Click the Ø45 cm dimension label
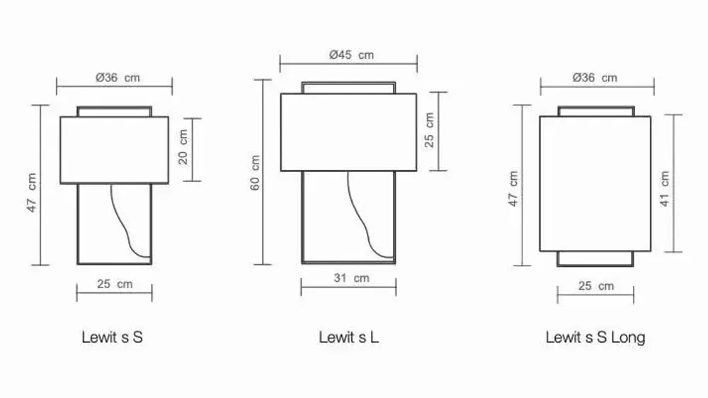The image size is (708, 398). coord(351,55)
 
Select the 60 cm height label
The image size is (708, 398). coord(256,172)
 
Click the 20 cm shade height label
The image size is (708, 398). coord(183,147)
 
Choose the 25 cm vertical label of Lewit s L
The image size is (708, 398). coord(429,130)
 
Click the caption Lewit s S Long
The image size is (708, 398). coord(595,337)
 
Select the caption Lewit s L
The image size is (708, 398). coord(348,337)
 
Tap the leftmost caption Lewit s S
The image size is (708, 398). coord(112,337)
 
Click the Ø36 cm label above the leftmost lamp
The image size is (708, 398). coord(118,78)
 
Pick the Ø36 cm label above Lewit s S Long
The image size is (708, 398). coord(594,78)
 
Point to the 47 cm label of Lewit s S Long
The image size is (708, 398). coord(513,188)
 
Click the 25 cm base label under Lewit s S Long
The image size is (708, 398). coord(595,286)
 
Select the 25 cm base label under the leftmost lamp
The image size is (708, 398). coord(115,285)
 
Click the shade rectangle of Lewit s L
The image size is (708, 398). coord(348,132)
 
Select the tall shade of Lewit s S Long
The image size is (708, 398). coord(595,183)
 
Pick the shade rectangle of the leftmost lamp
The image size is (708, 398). coord(114,150)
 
